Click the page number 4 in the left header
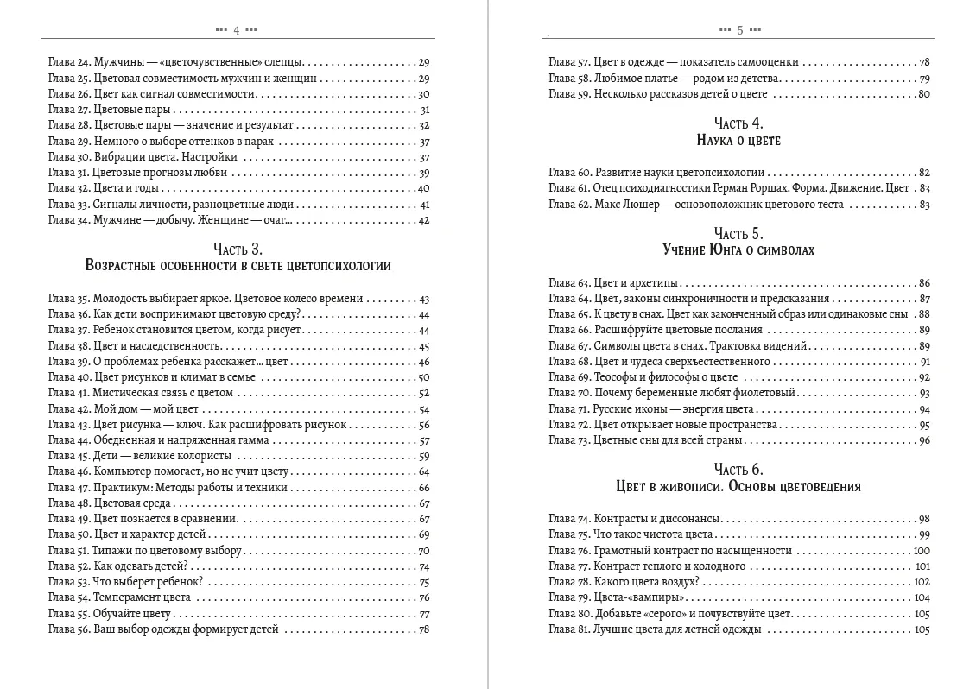click(x=236, y=29)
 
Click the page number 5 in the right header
click(x=740, y=29)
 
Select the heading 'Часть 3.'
click(x=238, y=249)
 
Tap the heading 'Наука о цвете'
click(x=738, y=140)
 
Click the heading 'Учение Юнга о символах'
click(x=738, y=250)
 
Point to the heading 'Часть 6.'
click(x=738, y=470)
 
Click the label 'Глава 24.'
click(x=68, y=62)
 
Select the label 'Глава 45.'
click(x=68, y=456)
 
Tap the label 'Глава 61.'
click(x=569, y=188)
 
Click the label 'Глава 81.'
click(x=569, y=629)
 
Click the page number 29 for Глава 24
click(x=423, y=62)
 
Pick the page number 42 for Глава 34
click(x=423, y=220)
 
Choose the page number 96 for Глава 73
click(x=923, y=440)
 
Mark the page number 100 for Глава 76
click(x=921, y=551)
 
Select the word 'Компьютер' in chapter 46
click(x=121, y=472)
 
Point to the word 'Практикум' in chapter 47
click(x=118, y=488)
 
